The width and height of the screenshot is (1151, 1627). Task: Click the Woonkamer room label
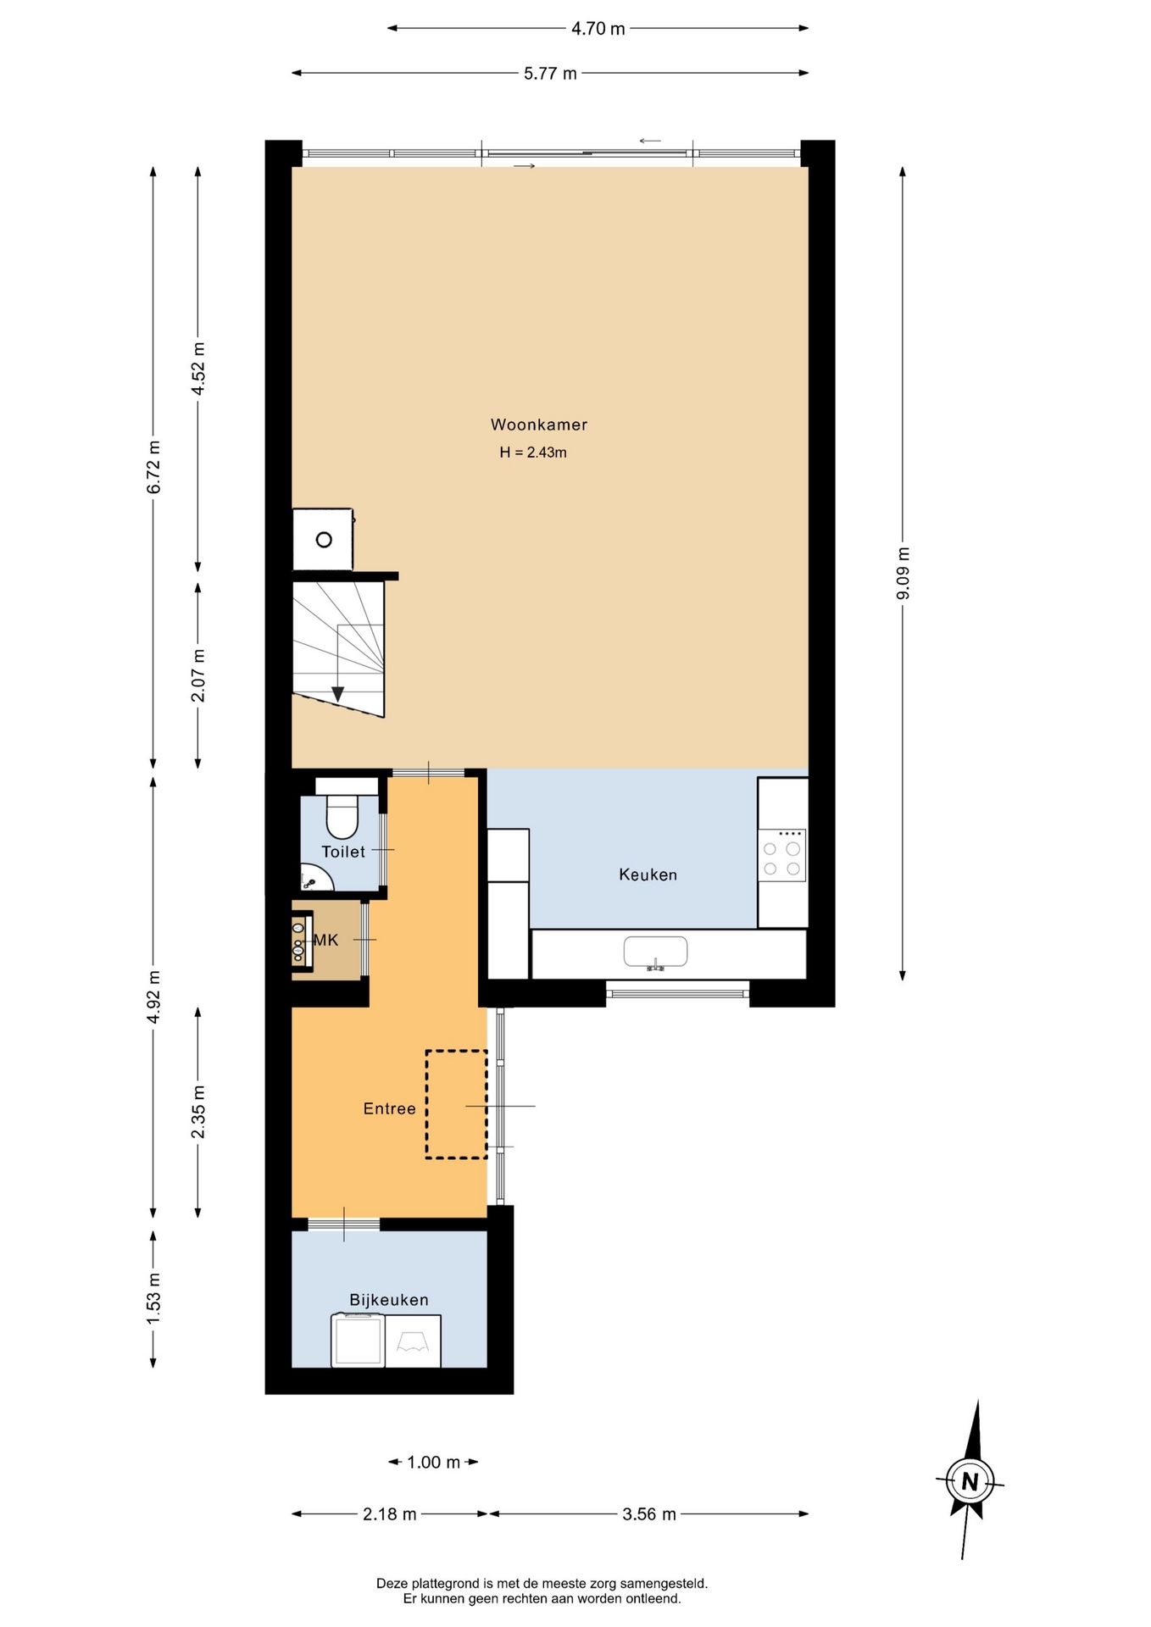tap(538, 425)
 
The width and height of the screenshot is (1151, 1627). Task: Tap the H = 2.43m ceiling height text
tap(533, 453)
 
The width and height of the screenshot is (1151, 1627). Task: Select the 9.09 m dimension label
tap(903, 574)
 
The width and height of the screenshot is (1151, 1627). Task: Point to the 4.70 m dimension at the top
tap(598, 29)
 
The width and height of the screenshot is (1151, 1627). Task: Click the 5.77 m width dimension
tap(550, 74)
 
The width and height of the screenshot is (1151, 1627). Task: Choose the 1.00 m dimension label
tap(433, 1462)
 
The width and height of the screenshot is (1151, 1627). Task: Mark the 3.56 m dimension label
tap(649, 1514)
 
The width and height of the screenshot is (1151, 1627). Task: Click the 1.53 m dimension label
tap(153, 1299)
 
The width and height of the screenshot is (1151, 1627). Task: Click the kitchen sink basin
tap(655, 952)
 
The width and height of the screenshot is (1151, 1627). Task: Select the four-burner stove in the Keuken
tap(782, 856)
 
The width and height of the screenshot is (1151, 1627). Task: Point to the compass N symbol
tap(970, 1482)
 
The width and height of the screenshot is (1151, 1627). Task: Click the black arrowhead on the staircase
tap(337, 694)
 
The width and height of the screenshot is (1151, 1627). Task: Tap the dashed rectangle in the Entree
tap(456, 1104)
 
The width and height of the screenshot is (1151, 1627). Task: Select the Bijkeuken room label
tap(389, 1300)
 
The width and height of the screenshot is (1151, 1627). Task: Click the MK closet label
tap(326, 940)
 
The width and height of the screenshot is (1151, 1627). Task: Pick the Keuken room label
tap(648, 875)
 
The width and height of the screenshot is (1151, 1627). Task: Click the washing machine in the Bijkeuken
tap(358, 1340)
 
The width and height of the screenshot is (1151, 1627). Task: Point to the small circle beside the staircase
tap(324, 540)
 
